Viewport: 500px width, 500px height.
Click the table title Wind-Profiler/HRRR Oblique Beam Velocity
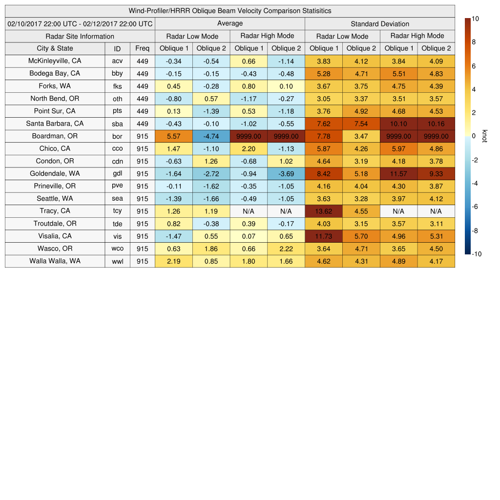tap(230, 11)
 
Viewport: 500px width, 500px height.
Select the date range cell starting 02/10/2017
tap(80, 23)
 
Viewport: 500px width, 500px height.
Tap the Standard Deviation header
tap(380, 23)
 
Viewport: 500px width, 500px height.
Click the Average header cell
tap(230, 23)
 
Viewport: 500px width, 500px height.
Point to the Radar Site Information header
tap(80, 36)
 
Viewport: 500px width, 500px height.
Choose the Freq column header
tap(143, 48)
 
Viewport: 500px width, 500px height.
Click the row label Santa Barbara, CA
tap(55, 124)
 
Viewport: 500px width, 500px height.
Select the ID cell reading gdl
tap(117, 174)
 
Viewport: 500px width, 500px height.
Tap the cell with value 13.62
tap(324, 211)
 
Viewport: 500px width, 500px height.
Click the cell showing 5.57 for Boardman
tap(174, 136)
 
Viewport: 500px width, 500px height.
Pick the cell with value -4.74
tap(211, 136)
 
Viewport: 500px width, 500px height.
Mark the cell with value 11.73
tap(324, 236)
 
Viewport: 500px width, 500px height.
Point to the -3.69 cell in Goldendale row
tap(286, 174)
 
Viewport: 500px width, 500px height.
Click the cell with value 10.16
tap(436, 124)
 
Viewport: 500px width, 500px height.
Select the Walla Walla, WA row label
tap(55, 261)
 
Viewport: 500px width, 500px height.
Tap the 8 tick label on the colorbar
tap(474, 42)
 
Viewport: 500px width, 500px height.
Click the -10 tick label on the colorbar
tap(476, 254)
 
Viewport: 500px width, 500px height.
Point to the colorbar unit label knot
tap(484, 136)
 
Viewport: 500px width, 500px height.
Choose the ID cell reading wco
tap(117, 249)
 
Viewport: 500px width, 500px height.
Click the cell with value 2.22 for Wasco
tap(286, 249)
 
